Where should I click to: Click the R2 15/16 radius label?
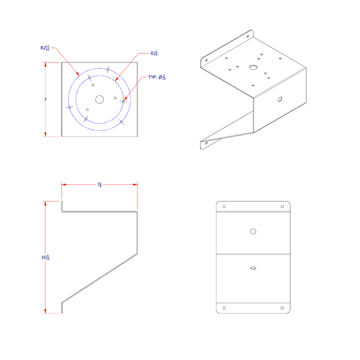[x=45, y=48]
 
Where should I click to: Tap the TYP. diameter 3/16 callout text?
[x=158, y=77]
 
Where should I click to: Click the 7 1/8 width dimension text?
[x=99, y=186]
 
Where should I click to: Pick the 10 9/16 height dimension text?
[x=45, y=257]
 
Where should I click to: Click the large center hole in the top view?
[x=99, y=99]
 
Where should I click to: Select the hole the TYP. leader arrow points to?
[x=124, y=101]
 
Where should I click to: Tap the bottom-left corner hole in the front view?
[x=224, y=308]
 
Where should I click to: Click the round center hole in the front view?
[x=253, y=231]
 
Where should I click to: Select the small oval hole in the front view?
[x=253, y=268]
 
